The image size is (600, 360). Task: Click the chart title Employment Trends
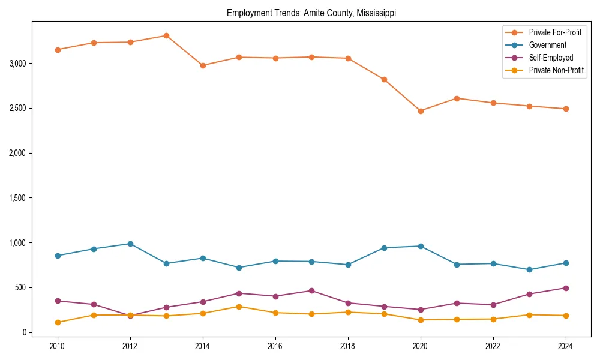pyautogui.click(x=311, y=13)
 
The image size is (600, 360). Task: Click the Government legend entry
pyautogui.click(x=547, y=45)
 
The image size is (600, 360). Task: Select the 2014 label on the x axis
pyautogui.click(x=203, y=346)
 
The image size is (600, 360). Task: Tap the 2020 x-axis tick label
pyautogui.click(x=421, y=346)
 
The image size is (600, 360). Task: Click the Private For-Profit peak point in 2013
pyautogui.click(x=166, y=36)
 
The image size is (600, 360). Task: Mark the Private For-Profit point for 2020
pyautogui.click(x=421, y=111)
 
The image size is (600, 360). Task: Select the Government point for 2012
pyautogui.click(x=130, y=244)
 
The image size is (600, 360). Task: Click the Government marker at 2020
pyautogui.click(x=421, y=246)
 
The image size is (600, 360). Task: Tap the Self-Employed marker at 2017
pyautogui.click(x=311, y=291)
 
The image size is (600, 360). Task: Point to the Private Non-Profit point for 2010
pyautogui.click(x=58, y=322)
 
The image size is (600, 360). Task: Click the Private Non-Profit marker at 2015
pyautogui.click(x=239, y=307)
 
